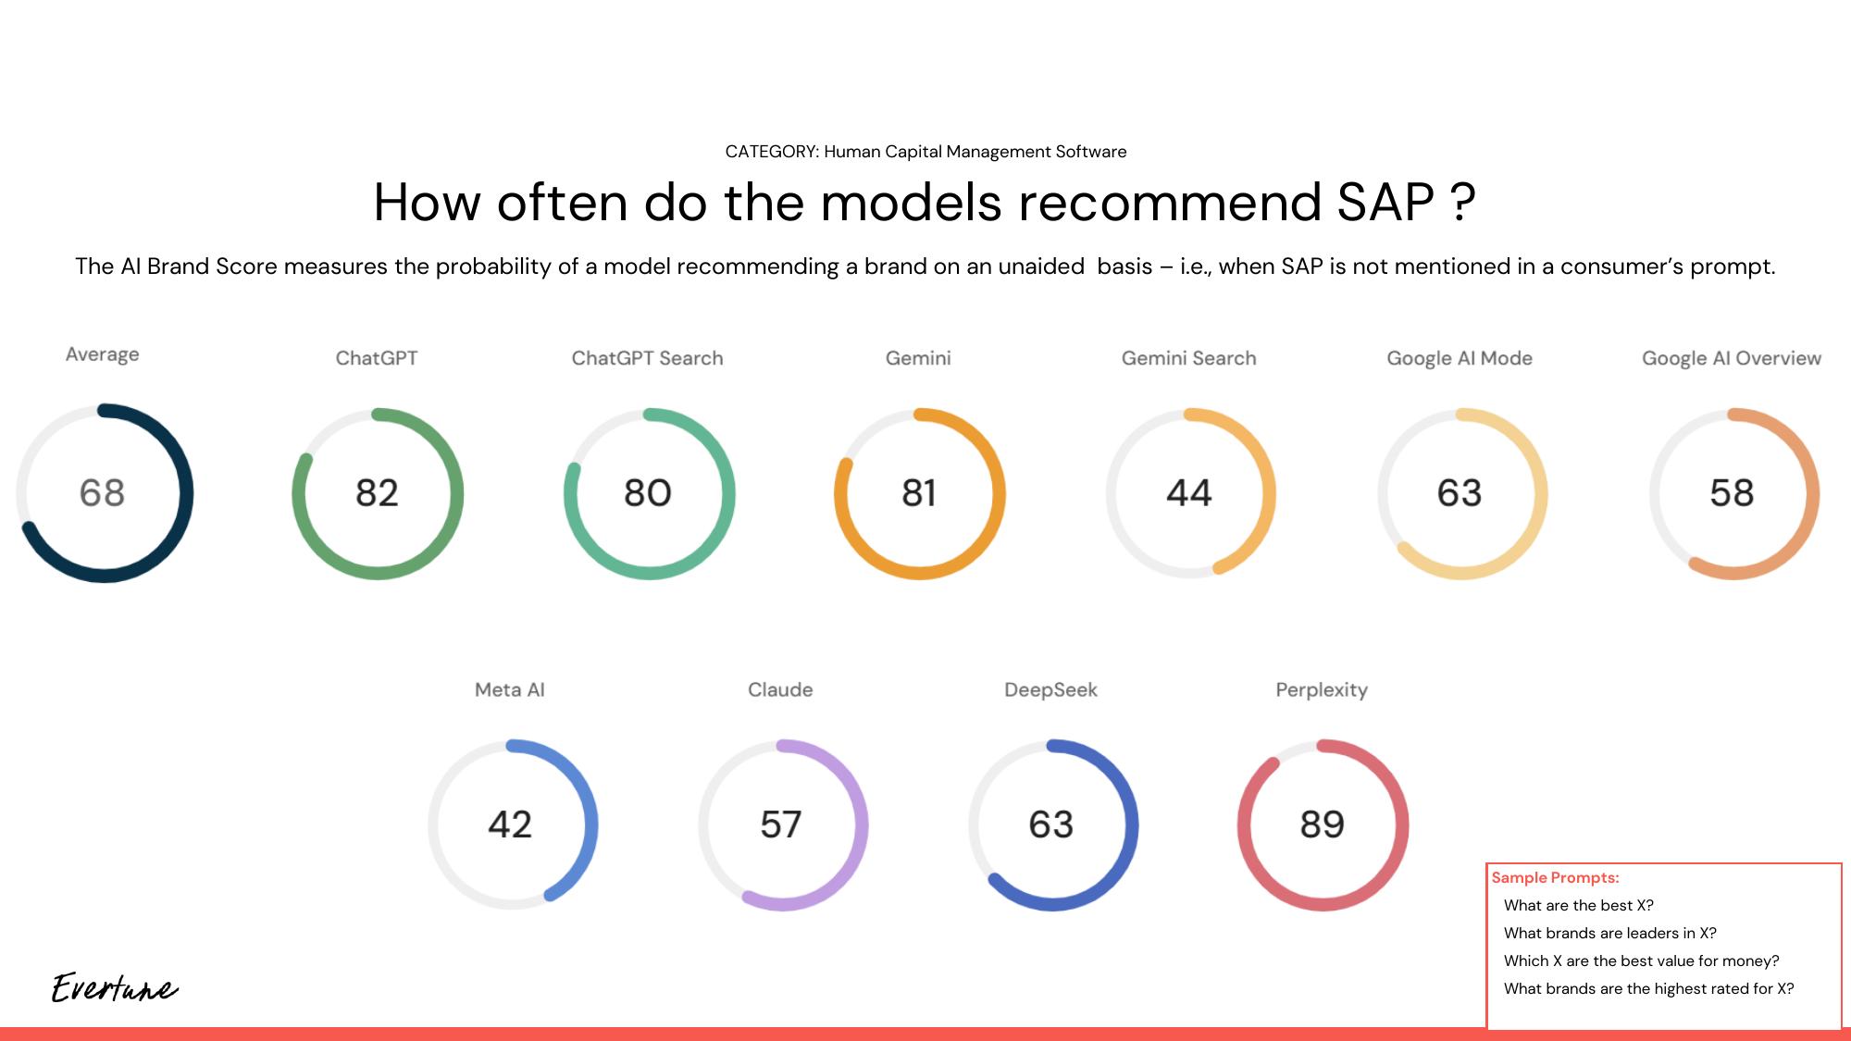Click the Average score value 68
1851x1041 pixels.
coord(102,493)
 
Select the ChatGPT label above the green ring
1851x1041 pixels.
coord(376,358)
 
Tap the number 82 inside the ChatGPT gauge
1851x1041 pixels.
coord(377,493)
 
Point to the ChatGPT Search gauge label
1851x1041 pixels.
coord(647,358)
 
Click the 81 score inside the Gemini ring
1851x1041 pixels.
coord(918,493)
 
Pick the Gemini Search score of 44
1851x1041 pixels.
coord(1188,493)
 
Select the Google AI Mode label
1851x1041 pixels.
coord(1459,358)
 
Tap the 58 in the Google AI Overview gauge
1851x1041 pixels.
coord(1731,493)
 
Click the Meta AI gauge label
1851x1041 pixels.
coord(509,689)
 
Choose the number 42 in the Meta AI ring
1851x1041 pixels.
coord(510,824)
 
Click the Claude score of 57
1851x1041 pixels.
coord(780,824)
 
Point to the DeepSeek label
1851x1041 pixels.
coord(1050,689)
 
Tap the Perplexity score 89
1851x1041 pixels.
coord(1322,824)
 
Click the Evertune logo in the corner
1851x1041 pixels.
coord(114,988)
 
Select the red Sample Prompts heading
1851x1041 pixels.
coord(1555,877)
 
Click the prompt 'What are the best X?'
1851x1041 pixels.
coord(1578,905)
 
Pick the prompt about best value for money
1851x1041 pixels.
coord(1641,960)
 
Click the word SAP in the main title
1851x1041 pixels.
coord(1385,202)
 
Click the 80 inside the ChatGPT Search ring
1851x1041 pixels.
coord(647,493)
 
